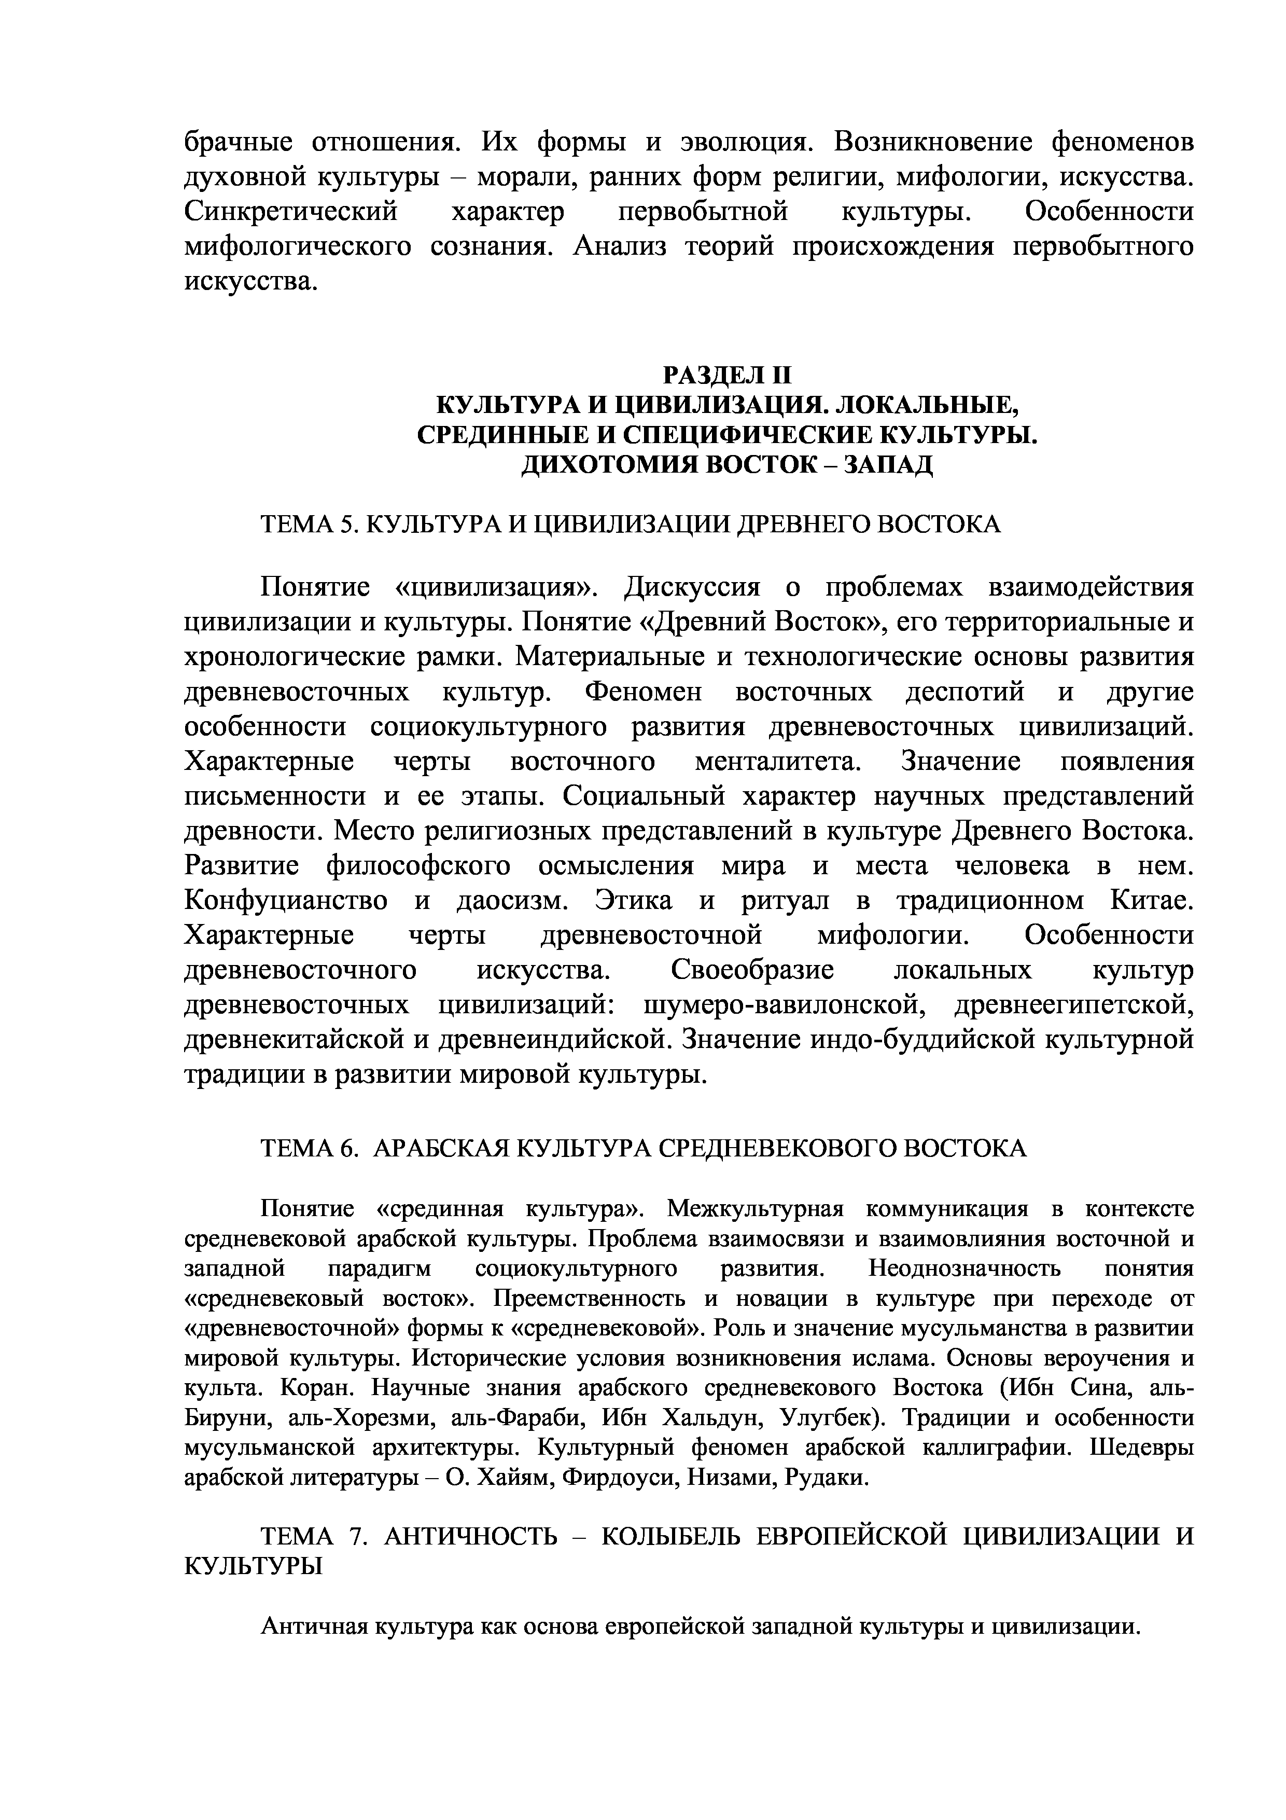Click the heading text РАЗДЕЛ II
coord(726,374)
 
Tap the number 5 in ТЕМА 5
coord(345,524)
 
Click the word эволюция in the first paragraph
coord(745,143)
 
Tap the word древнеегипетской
coord(1073,1006)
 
